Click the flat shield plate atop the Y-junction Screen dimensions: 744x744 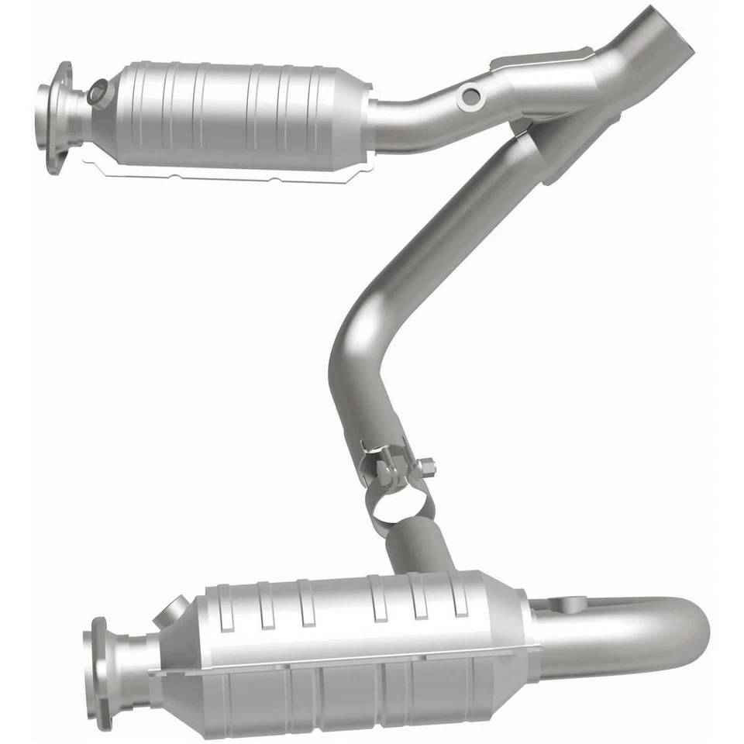[x=542, y=58]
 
